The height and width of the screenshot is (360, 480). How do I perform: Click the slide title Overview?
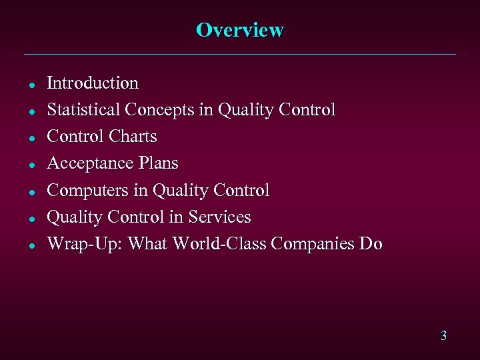click(240, 31)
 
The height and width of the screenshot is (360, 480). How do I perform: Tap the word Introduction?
click(93, 83)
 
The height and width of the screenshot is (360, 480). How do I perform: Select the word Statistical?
click(83, 110)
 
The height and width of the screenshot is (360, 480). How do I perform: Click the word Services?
click(219, 217)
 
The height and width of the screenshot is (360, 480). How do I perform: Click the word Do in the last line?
click(371, 244)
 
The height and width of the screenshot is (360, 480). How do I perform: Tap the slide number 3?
click(443, 335)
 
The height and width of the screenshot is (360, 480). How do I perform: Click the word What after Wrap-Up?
click(147, 244)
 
